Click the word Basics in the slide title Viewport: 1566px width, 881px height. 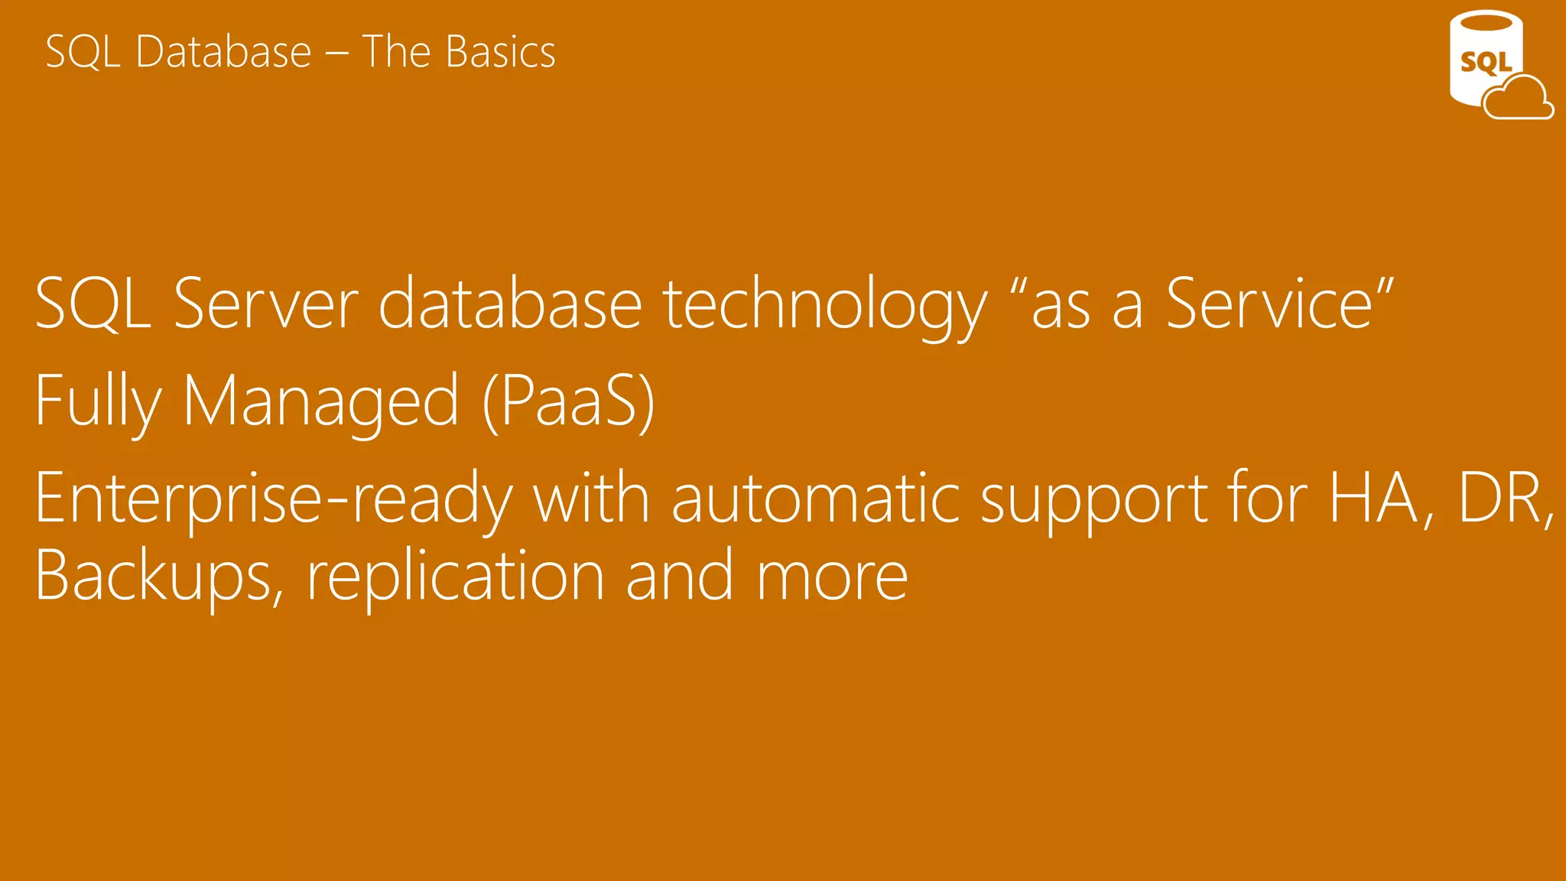click(x=500, y=52)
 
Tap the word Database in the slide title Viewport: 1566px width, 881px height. click(x=223, y=52)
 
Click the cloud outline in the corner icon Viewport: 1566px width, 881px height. click(x=1519, y=99)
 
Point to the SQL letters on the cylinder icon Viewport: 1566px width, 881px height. click(x=1486, y=62)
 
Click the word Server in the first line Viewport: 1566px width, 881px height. click(x=266, y=304)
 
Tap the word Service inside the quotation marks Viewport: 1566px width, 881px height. click(x=1269, y=304)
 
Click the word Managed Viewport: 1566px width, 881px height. click(x=321, y=402)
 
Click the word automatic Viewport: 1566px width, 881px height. click(x=816, y=499)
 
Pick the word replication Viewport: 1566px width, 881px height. click(x=456, y=578)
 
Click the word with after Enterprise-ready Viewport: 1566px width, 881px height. click(x=591, y=499)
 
